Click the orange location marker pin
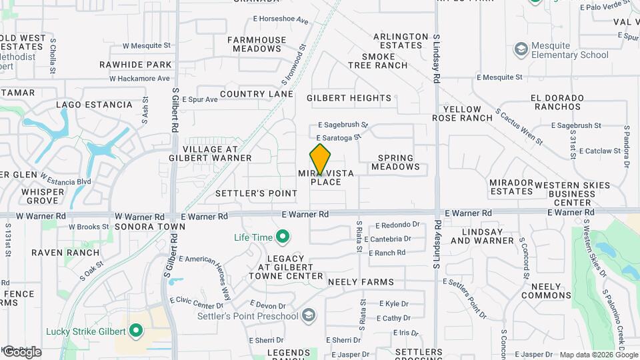[x=320, y=159]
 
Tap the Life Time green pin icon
[x=282, y=237]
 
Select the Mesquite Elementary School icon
[x=521, y=50]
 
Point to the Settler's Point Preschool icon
[x=309, y=315]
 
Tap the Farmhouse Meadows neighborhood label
[x=257, y=44]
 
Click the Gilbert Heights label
[x=349, y=98]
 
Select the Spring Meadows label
[x=396, y=163]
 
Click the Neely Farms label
[x=361, y=283]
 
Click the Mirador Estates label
[x=511, y=187]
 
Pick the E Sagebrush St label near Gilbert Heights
[x=343, y=125]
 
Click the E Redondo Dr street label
[x=397, y=225]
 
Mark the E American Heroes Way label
[x=201, y=268]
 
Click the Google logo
[x=21, y=351]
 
